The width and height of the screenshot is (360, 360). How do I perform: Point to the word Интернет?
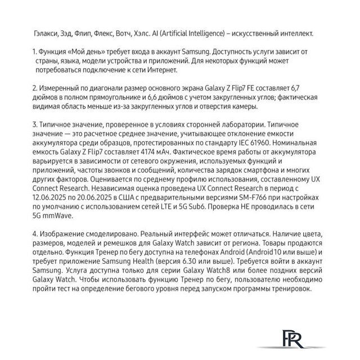tap(175, 71)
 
